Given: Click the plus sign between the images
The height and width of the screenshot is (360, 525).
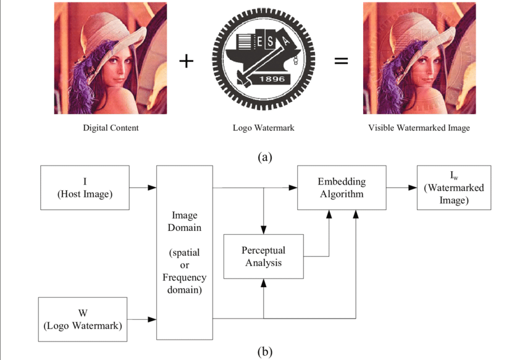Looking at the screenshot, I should coord(186,61).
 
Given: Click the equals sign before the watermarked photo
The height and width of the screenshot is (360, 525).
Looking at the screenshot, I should coord(341,61).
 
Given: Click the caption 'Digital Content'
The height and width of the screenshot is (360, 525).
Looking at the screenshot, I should coord(111,128).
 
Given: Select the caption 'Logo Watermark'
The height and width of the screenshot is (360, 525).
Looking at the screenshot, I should coord(264,128).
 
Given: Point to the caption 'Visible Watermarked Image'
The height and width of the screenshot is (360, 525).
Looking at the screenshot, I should coord(419,128).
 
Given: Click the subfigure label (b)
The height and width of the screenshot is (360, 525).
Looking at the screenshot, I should coord(264,353).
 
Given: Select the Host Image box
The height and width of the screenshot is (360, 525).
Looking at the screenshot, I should coord(85,188).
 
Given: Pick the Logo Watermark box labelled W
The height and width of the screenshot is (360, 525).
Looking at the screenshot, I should coord(83,319).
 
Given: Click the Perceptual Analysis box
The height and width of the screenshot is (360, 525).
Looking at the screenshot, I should coord(263,256).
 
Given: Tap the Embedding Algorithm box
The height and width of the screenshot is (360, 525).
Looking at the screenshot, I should coord(342,188).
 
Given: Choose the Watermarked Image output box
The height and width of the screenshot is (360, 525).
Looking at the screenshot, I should coord(454,188).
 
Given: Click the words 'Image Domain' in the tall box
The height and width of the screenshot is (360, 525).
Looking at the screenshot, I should coord(185,221).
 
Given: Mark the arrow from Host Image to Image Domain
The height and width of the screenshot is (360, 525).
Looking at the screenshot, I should coord(143,187).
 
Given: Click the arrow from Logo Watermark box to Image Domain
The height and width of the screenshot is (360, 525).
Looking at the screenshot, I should coord(141,319).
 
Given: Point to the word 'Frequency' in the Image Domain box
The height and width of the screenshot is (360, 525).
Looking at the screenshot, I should coord(185,277).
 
